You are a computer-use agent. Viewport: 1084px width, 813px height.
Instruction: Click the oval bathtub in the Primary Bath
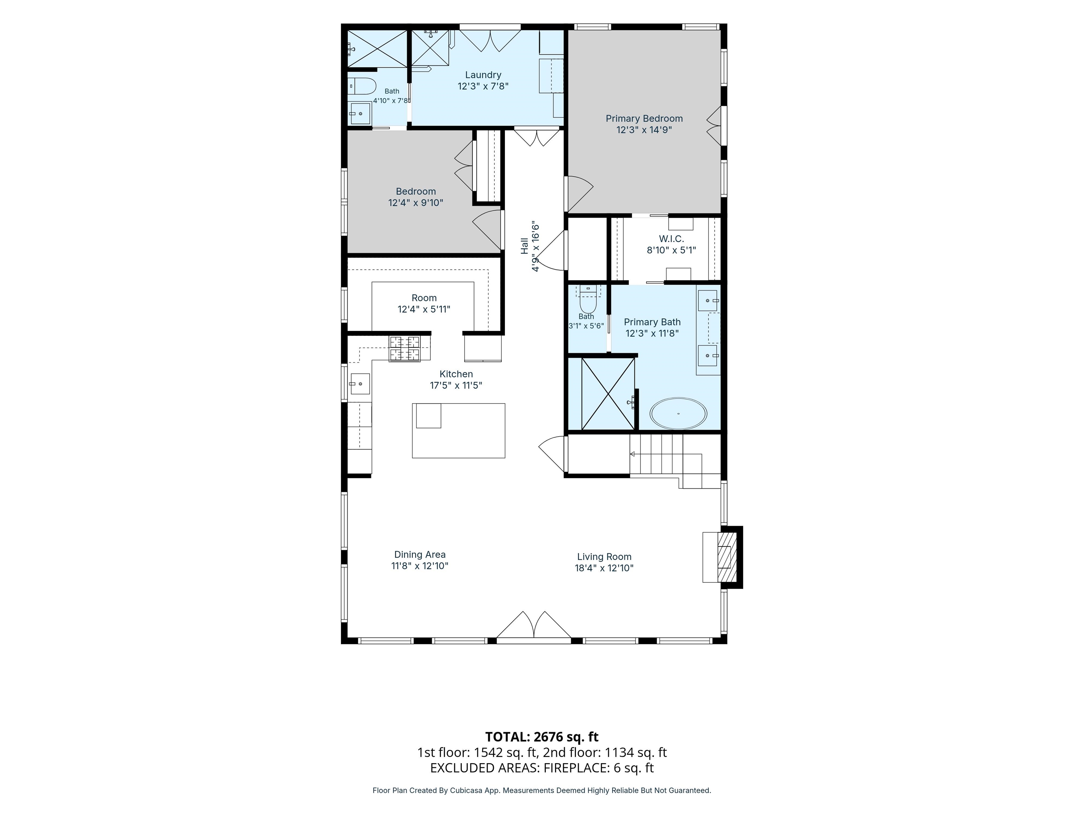tap(678, 414)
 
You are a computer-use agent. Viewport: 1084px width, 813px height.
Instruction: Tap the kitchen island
tap(458, 431)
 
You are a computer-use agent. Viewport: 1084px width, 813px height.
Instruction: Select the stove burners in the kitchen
tap(405, 348)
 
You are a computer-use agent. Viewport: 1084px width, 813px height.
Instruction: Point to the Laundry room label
tap(483, 75)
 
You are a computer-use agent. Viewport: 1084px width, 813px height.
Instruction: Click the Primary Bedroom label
tap(644, 119)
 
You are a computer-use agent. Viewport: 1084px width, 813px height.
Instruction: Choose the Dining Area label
tap(420, 554)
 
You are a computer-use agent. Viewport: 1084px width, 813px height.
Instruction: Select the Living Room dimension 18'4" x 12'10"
tap(604, 568)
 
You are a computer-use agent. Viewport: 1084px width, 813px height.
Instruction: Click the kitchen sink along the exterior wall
tap(359, 384)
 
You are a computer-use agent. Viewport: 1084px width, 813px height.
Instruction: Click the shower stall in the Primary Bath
tap(608, 393)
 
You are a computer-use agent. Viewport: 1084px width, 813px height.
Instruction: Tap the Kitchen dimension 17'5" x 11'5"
tap(456, 385)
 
